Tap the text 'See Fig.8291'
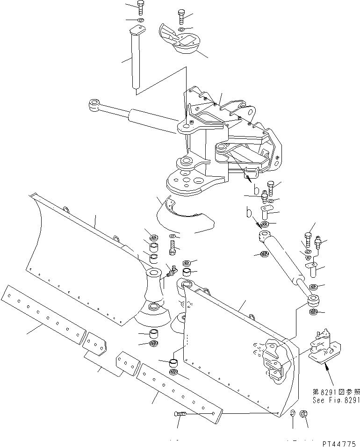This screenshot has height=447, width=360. (x=336, y=400)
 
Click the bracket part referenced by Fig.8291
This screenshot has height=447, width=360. (x=324, y=346)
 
